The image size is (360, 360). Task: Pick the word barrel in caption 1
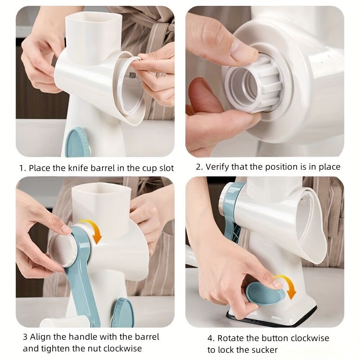click(x=105, y=168)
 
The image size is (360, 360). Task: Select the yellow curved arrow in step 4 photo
click(x=287, y=286)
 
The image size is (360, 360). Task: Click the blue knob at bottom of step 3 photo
click(x=122, y=313)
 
